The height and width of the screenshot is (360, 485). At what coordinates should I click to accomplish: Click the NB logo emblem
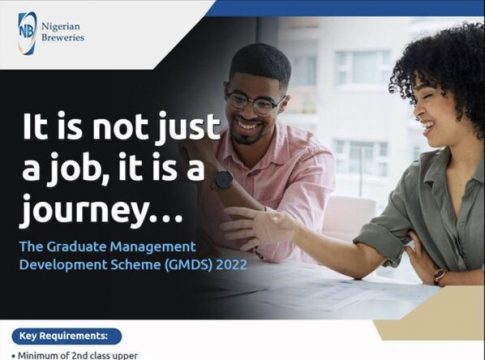coord(27,33)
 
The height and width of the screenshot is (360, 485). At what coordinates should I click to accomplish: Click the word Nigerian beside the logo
coord(61,26)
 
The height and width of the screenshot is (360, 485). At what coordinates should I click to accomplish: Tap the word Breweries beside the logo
coord(63,37)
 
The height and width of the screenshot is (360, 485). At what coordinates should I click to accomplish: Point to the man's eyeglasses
coord(256,102)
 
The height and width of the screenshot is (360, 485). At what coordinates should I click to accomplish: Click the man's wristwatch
coord(223,180)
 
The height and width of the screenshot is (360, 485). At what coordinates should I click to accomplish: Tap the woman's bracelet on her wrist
coord(440,277)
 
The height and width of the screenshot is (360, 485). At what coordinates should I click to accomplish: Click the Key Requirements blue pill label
coord(67,336)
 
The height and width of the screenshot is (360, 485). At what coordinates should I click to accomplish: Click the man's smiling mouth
coord(248,126)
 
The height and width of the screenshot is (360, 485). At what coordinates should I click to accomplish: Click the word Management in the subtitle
coord(153,247)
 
